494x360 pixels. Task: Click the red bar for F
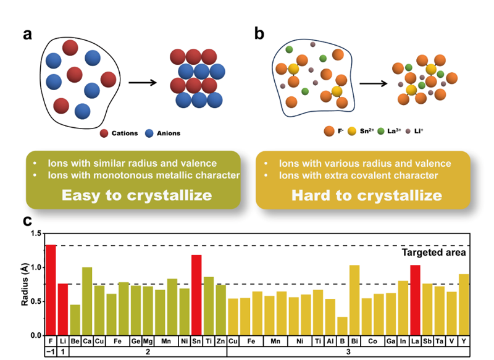click(x=51, y=290)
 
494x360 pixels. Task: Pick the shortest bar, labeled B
click(x=342, y=326)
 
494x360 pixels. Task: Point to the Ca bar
click(x=87, y=301)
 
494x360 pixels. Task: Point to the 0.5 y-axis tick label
click(x=31, y=301)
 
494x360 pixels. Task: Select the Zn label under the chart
click(x=220, y=341)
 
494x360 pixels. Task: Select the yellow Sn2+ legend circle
click(x=352, y=131)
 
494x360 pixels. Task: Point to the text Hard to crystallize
click(x=362, y=196)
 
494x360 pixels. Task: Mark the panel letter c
click(x=28, y=220)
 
